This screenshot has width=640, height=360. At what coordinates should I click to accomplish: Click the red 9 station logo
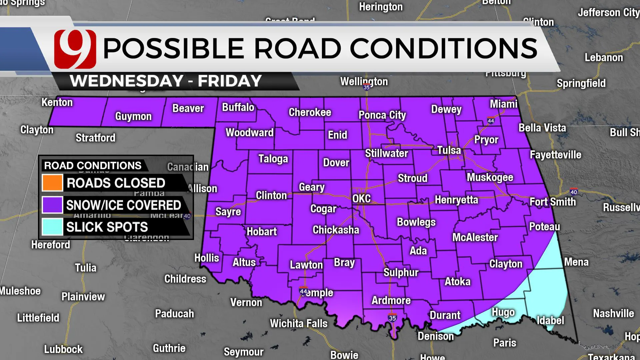75,49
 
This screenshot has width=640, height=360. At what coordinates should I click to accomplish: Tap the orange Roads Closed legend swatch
52,183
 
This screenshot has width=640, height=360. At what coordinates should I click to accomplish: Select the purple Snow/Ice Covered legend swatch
52,205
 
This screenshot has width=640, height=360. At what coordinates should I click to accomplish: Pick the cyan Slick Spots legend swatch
52,227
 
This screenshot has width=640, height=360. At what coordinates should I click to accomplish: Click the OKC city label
361,199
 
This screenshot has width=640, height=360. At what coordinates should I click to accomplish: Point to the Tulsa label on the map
449,150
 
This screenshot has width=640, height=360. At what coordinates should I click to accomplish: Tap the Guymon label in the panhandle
133,116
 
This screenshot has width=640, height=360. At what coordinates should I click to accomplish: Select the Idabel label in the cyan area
550,320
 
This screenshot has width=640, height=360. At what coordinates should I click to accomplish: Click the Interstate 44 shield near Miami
491,121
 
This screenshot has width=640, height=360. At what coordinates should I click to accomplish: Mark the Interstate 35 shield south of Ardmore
392,318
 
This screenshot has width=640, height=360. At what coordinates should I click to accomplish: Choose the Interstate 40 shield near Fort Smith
574,192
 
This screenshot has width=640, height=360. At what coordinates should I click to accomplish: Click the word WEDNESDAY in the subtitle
127,81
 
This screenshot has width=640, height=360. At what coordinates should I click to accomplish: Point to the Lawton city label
306,265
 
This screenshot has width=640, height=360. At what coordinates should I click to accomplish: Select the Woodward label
249,133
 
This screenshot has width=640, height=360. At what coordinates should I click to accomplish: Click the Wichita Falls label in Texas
299,323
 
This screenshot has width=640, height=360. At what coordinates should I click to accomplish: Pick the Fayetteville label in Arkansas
555,155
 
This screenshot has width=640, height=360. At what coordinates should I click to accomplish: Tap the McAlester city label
475,237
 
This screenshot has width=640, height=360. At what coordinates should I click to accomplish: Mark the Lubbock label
63,349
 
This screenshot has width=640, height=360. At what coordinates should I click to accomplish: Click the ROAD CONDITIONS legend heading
93,166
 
